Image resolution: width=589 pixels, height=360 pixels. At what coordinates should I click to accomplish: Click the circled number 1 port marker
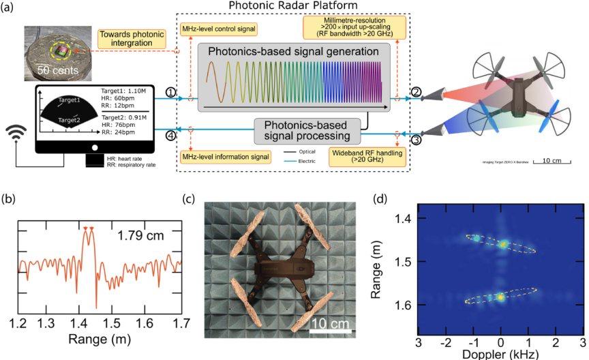click(171, 92)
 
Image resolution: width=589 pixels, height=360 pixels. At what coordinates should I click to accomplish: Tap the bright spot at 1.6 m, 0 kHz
click(501, 297)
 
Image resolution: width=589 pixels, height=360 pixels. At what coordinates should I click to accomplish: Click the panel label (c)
click(191, 200)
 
